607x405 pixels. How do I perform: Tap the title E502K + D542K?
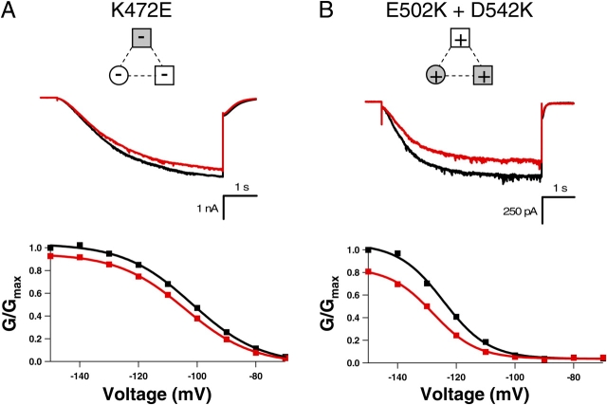461,13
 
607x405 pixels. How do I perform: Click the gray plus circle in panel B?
436,75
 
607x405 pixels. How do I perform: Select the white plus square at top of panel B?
461,41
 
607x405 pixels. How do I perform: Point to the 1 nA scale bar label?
202,208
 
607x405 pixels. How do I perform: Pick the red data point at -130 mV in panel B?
427,306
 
